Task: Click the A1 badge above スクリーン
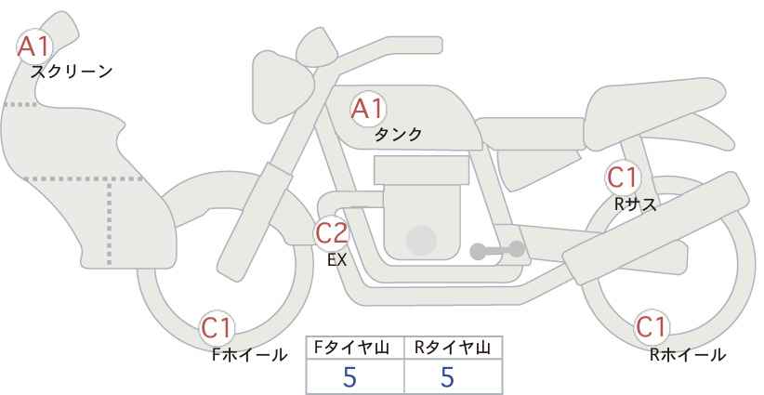click(x=34, y=46)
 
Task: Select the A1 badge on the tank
click(x=368, y=109)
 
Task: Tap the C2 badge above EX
click(x=332, y=232)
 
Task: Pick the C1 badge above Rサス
click(x=622, y=178)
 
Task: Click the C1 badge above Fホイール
click(x=217, y=328)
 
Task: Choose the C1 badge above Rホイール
click(x=652, y=327)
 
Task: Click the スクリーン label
click(x=72, y=72)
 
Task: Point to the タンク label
click(x=398, y=135)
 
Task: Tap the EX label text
click(x=337, y=260)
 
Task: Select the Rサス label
click(x=636, y=204)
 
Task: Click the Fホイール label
click(x=249, y=355)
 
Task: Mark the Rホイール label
click(x=688, y=355)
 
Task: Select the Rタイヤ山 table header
click(x=453, y=348)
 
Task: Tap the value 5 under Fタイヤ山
click(x=349, y=376)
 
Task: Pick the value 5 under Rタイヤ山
click(x=447, y=376)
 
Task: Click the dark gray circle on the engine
click(x=421, y=240)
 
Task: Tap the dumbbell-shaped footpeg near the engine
click(x=497, y=250)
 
